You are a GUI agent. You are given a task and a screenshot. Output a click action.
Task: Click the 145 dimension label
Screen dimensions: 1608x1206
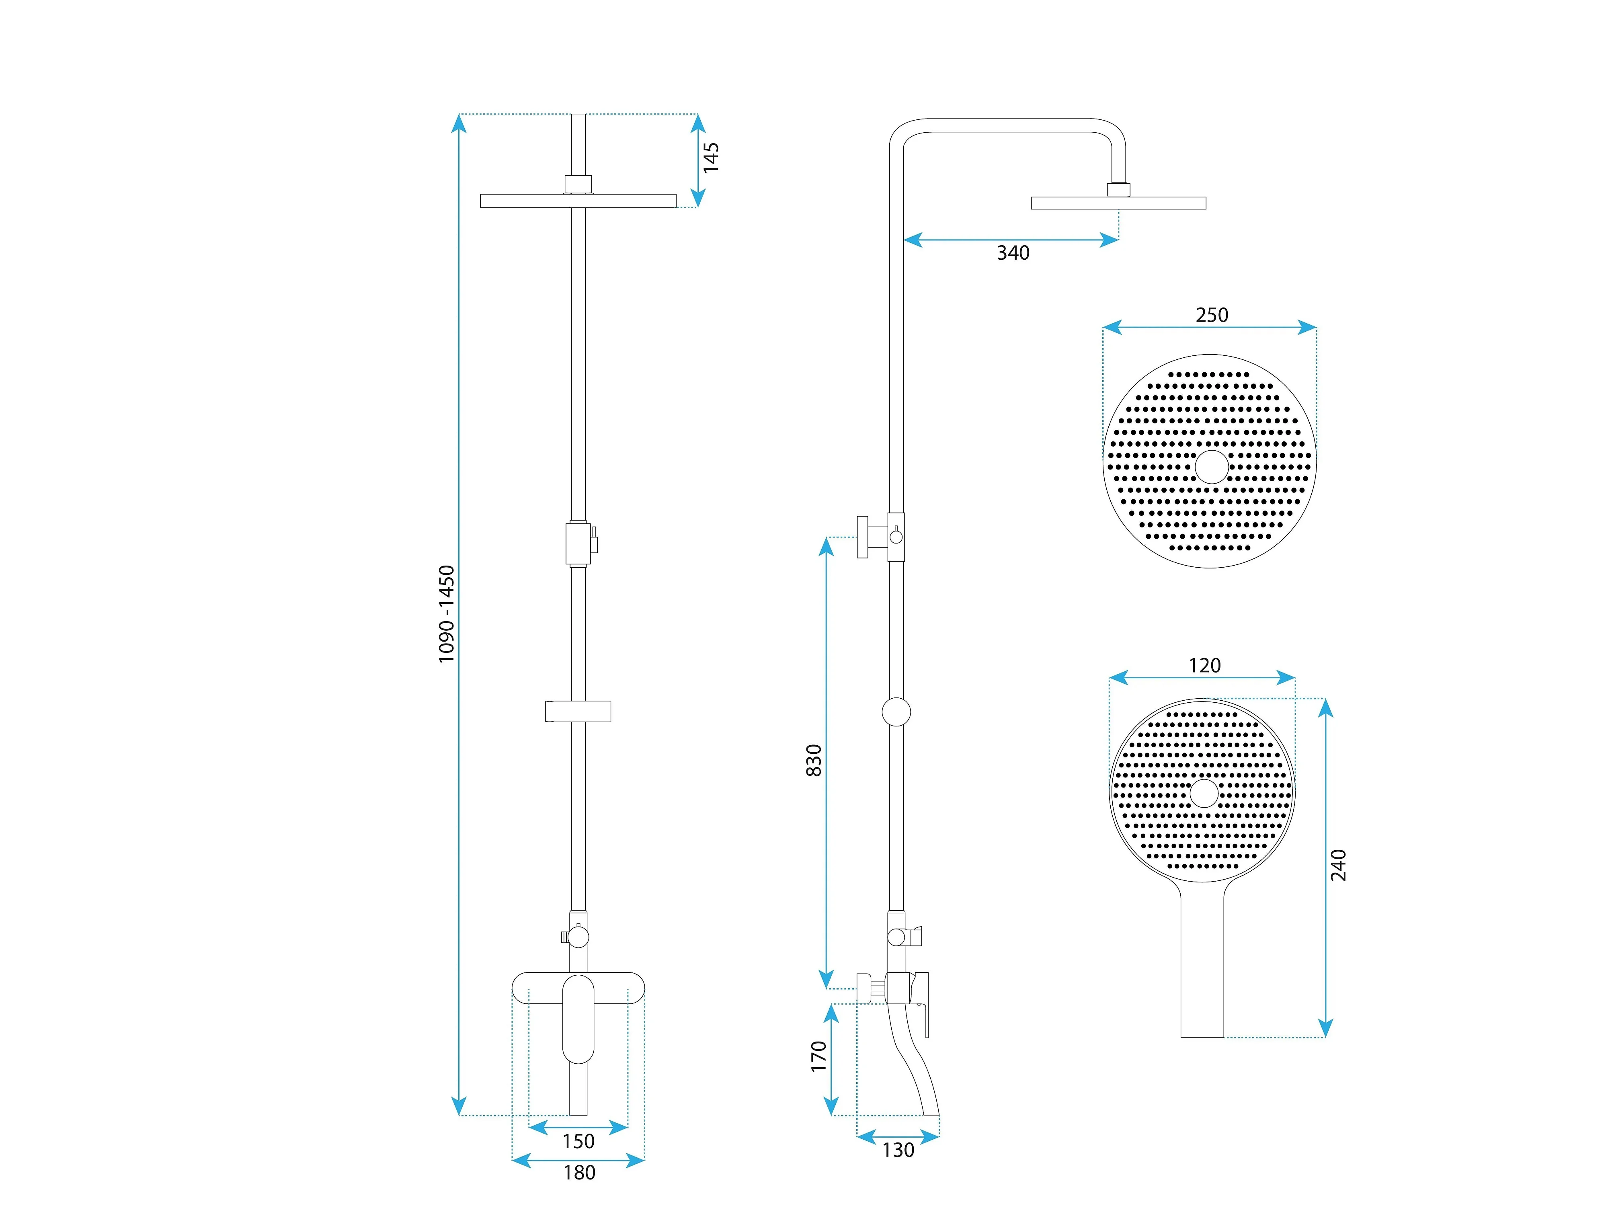click(x=711, y=157)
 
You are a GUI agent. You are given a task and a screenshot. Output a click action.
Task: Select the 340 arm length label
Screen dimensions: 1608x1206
click(x=1013, y=253)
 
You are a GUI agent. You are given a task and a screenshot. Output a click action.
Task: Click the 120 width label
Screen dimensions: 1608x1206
click(x=1204, y=665)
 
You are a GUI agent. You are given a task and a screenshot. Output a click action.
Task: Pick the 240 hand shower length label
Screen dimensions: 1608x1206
click(x=1338, y=865)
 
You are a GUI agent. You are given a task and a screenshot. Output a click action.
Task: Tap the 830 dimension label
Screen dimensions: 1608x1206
click(x=814, y=761)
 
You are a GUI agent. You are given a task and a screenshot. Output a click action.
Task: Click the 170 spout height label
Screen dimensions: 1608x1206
click(x=819, y=1056)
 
